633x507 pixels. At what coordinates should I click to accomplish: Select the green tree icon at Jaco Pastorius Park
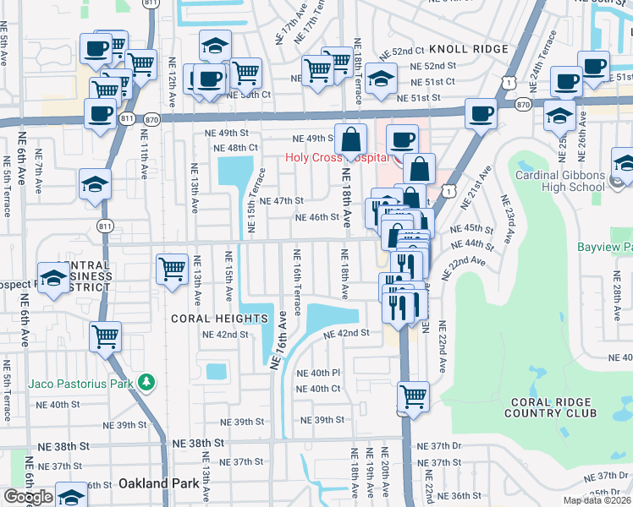pos(148,383)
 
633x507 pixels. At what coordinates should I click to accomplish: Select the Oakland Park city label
pos(158,483)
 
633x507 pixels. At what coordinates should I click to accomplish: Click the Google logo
pos(28,497)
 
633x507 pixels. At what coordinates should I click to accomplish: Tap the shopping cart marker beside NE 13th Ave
pos(173,269)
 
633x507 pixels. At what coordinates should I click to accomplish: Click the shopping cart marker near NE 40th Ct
pos(413,395)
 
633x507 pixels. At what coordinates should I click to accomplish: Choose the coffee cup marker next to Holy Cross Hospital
pos(403,139)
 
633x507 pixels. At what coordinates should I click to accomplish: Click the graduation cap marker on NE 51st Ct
pos(382,78)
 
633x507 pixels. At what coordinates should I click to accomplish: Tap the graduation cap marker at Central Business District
pos(53,278)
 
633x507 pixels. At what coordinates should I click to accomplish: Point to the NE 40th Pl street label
pos(317,373)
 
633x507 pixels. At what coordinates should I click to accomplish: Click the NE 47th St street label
pos(281,201)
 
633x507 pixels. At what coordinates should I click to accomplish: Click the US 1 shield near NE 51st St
pos(507,82)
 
